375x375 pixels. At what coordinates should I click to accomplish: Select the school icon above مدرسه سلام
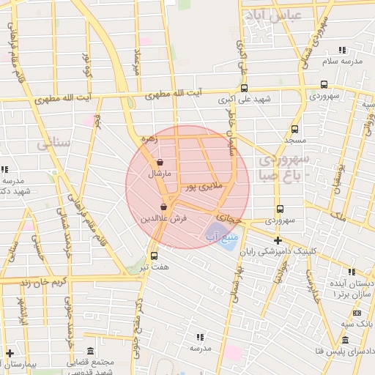coord(342,51)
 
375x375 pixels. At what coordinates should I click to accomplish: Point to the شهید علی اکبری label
coord(245,98)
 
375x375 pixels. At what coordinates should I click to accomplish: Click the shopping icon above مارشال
coord(160,163)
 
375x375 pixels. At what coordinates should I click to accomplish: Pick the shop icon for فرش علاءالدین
coord(164,207)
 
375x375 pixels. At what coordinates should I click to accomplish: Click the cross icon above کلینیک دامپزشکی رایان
coord(277,240)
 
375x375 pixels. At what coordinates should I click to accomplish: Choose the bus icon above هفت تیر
coord(154,256)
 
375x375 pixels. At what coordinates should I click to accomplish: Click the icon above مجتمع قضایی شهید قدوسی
coord(89,351)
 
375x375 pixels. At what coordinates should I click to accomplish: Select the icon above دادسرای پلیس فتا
coord(345,341)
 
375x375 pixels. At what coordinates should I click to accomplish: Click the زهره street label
coord(149,138)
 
